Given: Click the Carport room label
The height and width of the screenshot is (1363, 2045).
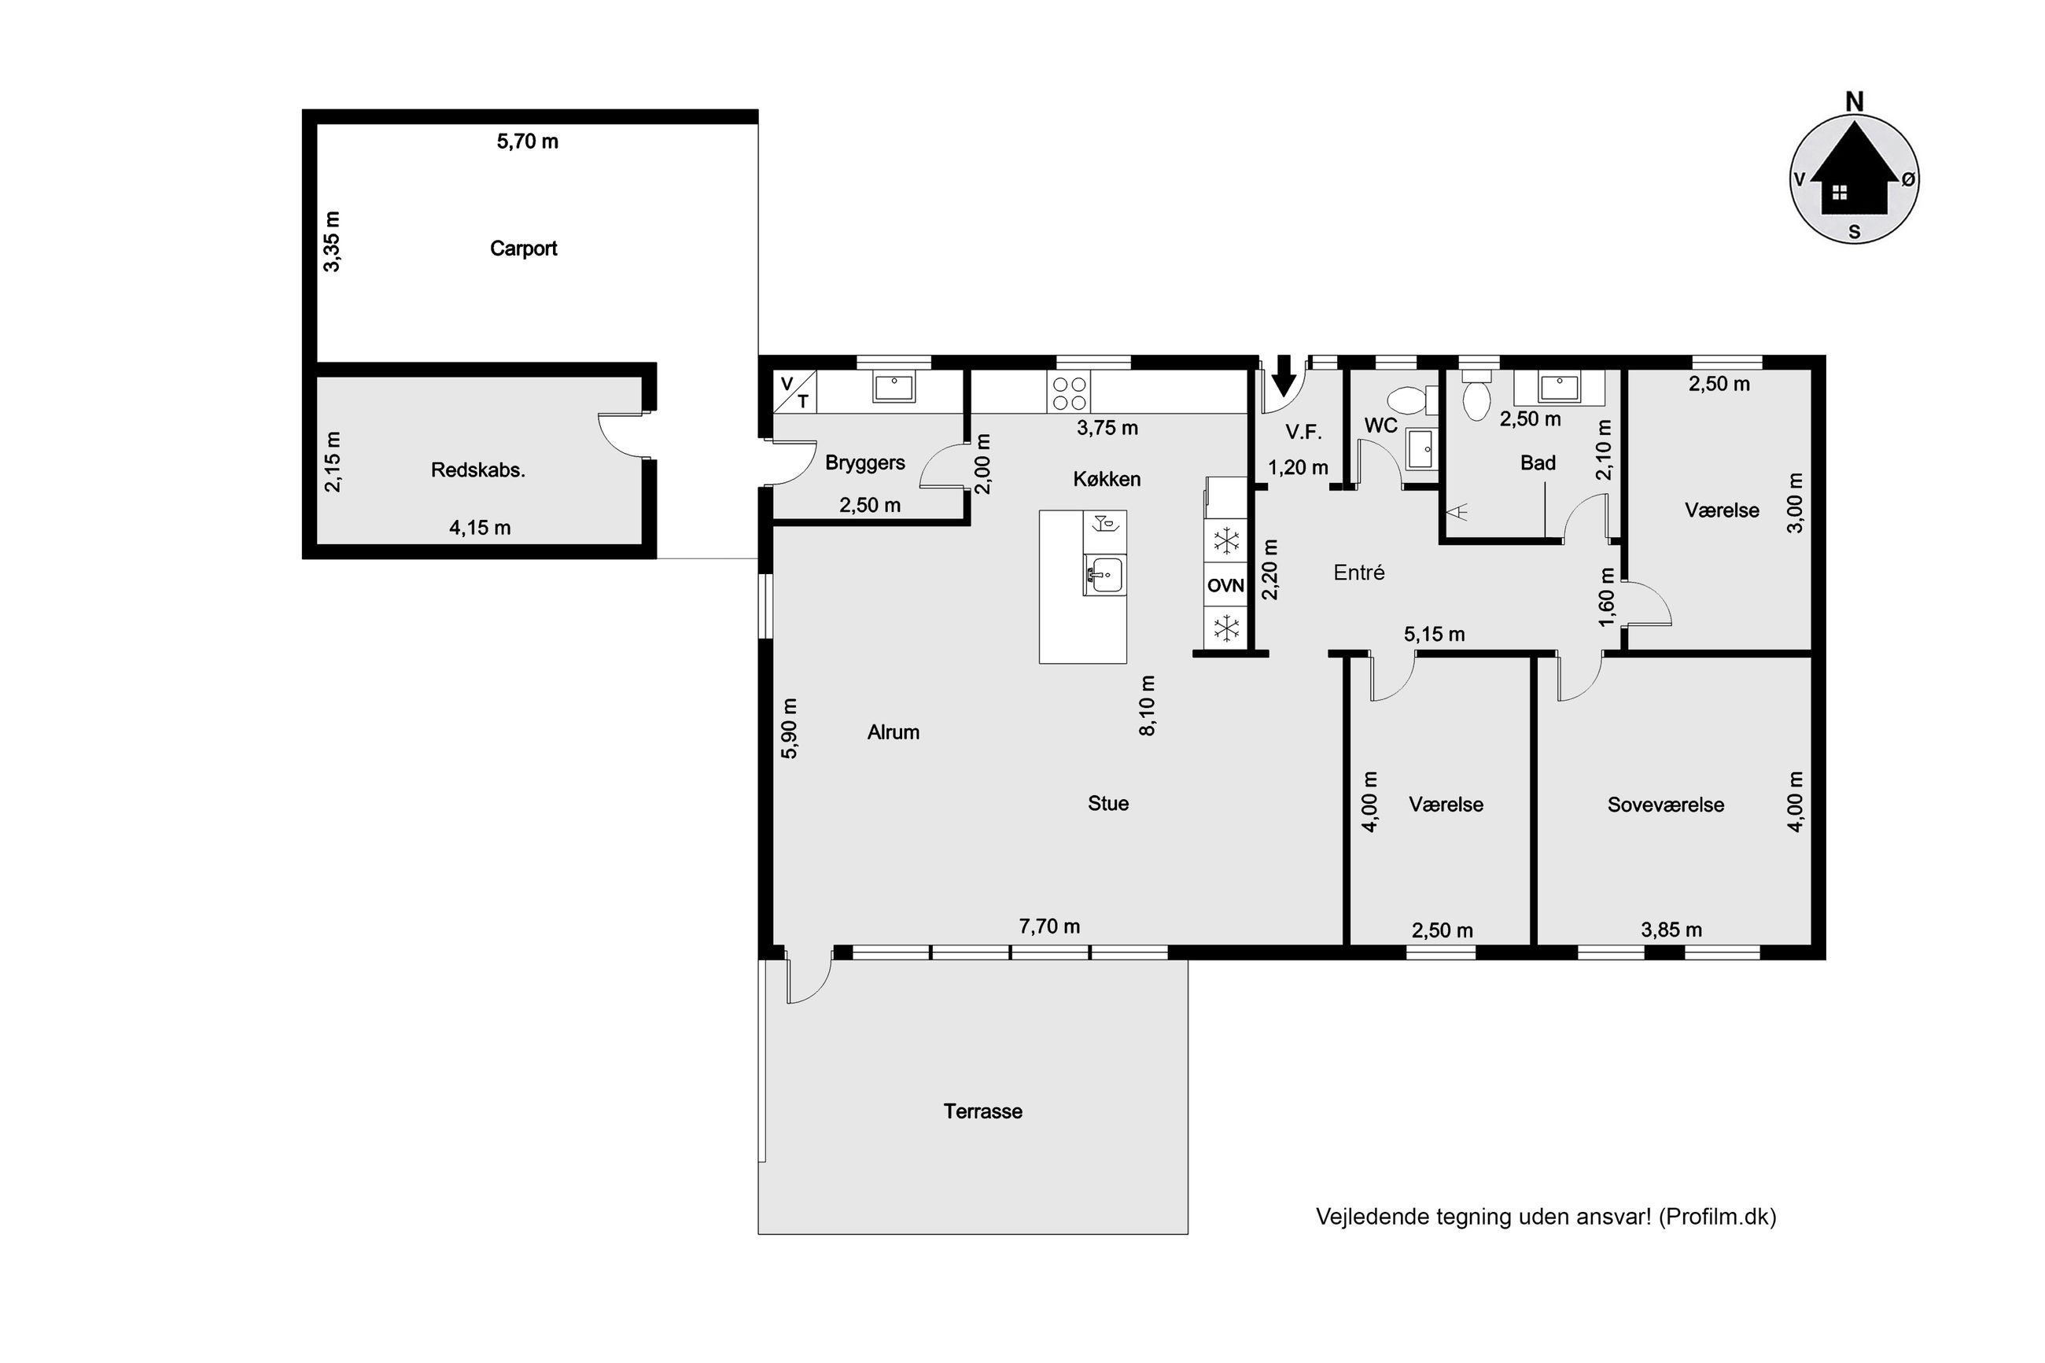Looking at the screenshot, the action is [523, 249].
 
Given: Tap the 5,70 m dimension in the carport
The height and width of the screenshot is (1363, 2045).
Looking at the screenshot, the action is [528, 142].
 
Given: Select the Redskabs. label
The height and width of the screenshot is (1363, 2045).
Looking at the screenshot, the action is [478, 470].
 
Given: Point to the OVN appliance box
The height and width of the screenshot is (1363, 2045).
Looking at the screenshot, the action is [1225, 586].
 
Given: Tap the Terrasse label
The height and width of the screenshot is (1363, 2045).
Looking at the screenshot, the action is [983, 1111].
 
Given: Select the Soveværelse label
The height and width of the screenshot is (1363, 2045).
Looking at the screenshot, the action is [1665, 805].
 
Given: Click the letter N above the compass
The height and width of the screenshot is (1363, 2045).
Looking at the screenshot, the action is [1854, 102].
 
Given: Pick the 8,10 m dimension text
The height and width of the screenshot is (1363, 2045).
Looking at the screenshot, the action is [1148, 705].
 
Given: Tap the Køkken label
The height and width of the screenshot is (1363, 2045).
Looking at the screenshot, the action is [1107, 479].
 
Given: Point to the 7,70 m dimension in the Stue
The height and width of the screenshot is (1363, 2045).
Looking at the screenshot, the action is [1049, 926].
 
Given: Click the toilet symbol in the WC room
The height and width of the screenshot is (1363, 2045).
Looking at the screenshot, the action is [1406, 401].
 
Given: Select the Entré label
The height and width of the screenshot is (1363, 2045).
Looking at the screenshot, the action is [1358, 573].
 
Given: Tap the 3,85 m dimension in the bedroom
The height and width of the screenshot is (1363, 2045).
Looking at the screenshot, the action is [1671, 930].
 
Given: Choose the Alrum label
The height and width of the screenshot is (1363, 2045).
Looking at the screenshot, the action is [893, 733].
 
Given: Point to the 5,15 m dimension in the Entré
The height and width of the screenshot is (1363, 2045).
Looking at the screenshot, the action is [1434, 635].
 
